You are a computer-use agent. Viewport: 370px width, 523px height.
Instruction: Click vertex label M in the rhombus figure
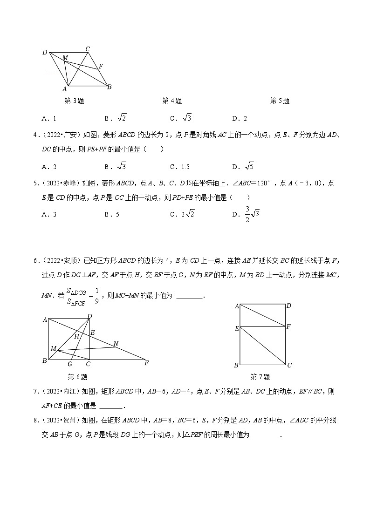pos(66,57)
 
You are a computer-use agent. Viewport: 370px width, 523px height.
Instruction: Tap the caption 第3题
pos(74,101)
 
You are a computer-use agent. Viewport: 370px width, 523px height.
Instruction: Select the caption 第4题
pos(172,101)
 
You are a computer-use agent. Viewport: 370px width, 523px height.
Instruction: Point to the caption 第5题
pos(280,101)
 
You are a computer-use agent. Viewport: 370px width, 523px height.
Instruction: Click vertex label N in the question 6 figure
pos(116,344)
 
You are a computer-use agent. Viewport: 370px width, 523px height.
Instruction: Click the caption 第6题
pos(77,377)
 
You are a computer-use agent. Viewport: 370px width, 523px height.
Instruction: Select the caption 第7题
pos(260,377)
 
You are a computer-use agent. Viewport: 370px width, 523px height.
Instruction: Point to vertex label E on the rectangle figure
pos(237,328)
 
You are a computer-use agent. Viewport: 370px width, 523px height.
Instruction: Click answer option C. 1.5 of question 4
pos(180,167)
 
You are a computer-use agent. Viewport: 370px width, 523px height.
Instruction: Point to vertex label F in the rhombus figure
pos(101,66)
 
